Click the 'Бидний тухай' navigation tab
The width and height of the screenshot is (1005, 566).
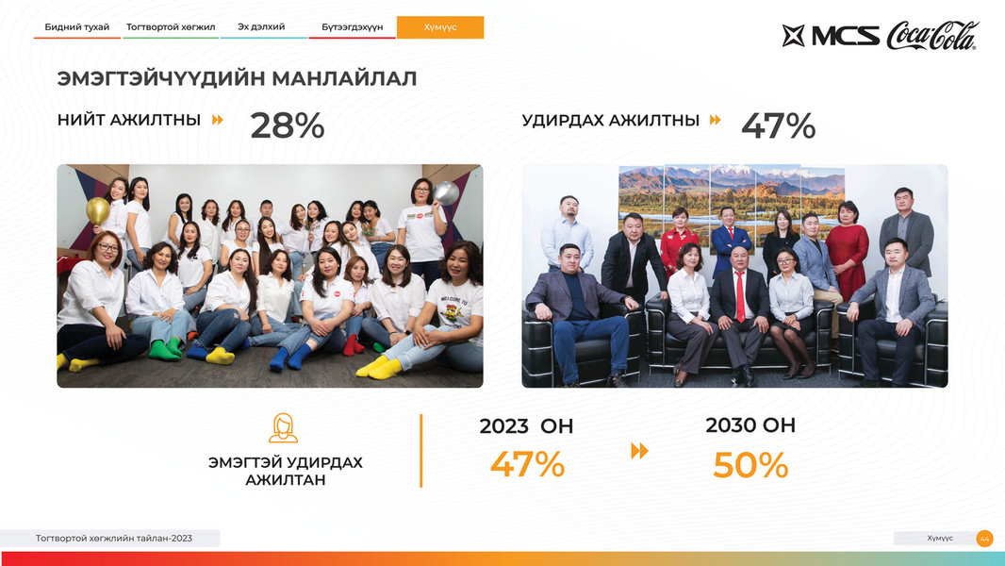[x=77, y=27]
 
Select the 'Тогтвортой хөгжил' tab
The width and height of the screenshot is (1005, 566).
[x=171, y=27]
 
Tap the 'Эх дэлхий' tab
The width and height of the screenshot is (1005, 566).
[x=261, y=27]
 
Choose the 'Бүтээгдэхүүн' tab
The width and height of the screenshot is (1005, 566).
[x=352, y=27]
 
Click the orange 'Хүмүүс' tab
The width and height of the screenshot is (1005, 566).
[x=440, y=27]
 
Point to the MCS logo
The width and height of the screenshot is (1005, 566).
[x=831, y=36]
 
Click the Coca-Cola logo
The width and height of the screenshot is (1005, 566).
[x=932, y=36]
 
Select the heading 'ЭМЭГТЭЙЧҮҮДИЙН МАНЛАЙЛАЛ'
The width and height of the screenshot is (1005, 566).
[x=238, y=79]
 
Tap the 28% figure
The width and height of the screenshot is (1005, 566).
[x=288, y=125]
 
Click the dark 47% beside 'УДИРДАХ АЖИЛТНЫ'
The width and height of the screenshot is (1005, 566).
[x=778, y=125]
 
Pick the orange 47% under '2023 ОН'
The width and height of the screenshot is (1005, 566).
[x=528, y=464]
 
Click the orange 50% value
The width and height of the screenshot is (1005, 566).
[x=750, y=465]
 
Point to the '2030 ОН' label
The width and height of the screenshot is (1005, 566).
[x=750, y=425]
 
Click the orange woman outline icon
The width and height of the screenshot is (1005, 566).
[x=283, y=428]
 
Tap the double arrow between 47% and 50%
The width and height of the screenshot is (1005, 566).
[x=639, y=451]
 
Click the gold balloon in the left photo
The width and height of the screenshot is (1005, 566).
[x=98, y=210]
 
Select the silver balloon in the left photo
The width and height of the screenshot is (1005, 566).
[x=445, y=193]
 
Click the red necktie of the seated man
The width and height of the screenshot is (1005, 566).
[x=740, y=296]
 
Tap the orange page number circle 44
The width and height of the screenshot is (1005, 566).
[x=984, y=539]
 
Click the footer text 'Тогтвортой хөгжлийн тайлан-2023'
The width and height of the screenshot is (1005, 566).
[x=114, y=539]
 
